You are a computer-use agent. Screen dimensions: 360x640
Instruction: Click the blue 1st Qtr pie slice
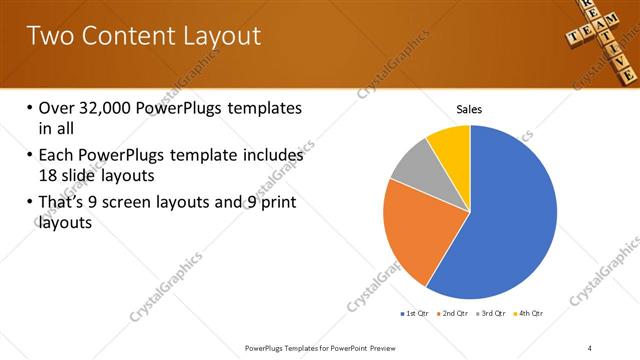pyautogui.click(x=500, y=220)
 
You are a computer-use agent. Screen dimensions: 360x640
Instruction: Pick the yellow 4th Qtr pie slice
pyautogui.click(x=451, y=146)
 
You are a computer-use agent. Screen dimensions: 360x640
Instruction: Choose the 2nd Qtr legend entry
pyautogui.click(x=455, y=313)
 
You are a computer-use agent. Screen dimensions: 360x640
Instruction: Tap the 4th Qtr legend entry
pyautogui.click(x=530, y=313)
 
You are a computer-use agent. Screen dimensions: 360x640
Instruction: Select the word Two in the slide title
pyautogui.click(x=49, y=36)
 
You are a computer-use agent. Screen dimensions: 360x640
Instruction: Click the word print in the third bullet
pyautogui.click(x=275, y=204)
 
